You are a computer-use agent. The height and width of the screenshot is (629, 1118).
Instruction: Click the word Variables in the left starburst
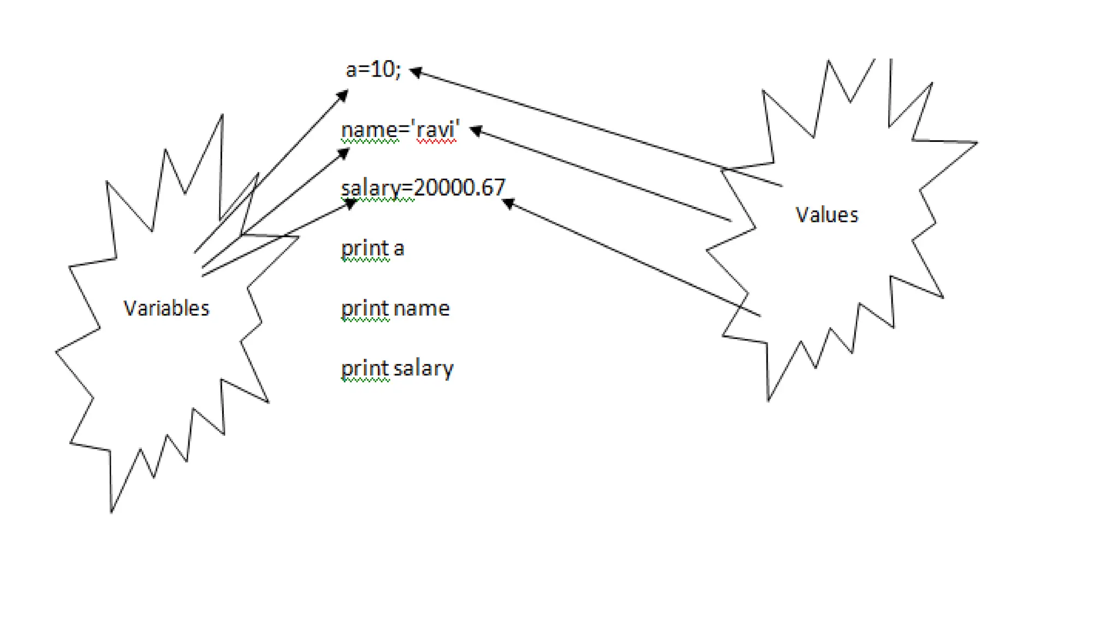pos(166,308)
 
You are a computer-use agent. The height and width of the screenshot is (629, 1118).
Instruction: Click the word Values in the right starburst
pos(826,215)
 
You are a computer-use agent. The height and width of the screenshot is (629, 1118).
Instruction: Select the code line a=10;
pos(373,70)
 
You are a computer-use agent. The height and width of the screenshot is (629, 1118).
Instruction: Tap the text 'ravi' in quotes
pos(438,130)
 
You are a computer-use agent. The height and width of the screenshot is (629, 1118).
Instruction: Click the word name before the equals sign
pos(369,130)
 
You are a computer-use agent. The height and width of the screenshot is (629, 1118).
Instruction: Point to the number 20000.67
pos(460,188)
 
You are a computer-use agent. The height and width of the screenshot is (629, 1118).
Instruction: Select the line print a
pos(372,248)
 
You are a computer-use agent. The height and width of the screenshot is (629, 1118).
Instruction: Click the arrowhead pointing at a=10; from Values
pos(415,72)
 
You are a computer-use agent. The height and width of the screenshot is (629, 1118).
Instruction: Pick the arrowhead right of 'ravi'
pos(475,130)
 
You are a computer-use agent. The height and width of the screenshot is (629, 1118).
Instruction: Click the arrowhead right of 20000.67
pos(508,204)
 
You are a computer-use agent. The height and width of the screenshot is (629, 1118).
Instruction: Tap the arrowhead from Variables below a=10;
pos(343,96)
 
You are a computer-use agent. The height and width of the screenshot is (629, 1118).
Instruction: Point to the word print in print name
pos(365,308)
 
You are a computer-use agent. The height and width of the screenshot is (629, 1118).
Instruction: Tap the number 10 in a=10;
pos(383,69)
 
